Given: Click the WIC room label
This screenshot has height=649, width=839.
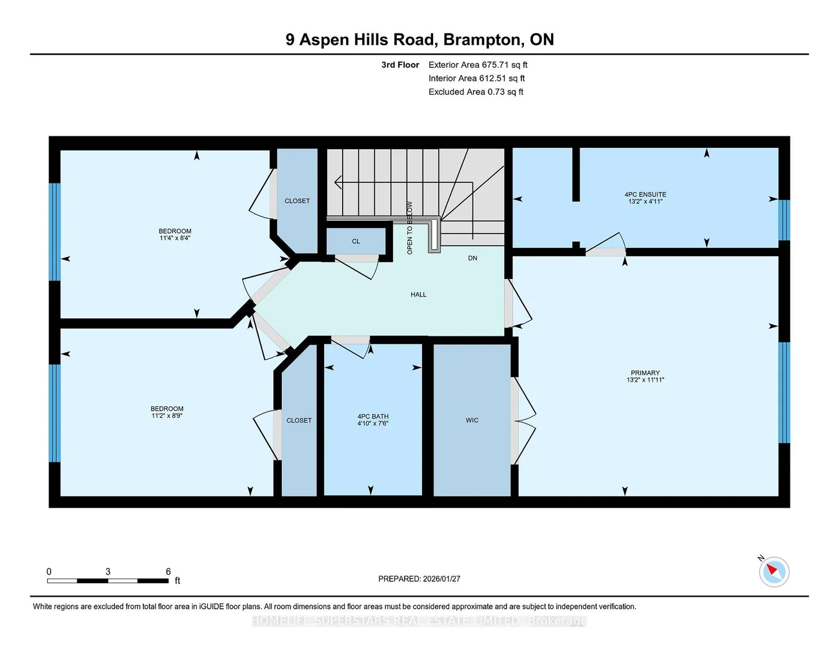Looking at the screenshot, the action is tap(472, 420).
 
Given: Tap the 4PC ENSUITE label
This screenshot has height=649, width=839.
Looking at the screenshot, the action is tap(645, 195).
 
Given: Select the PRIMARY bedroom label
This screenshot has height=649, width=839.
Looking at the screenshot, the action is tap(645, 373).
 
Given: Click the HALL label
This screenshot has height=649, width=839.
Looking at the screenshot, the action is tap(419, 294).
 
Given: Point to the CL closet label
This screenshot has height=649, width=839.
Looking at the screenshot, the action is tap(356, 242).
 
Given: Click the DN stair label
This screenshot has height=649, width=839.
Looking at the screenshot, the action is tap(472, 258).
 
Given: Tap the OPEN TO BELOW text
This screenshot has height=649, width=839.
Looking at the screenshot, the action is tap(410, 228).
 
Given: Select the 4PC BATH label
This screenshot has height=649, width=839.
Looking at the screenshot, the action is tap(373, 417).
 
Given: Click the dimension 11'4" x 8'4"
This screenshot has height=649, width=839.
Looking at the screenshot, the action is tap(175, 238).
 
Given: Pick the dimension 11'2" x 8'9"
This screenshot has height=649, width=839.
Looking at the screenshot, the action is tap(167, 416).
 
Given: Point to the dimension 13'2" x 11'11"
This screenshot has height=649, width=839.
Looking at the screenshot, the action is tap(645, 380).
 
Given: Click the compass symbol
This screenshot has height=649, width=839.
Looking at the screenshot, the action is tap(774, 572).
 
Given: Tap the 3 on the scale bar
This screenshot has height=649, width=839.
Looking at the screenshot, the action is tap(108, 572).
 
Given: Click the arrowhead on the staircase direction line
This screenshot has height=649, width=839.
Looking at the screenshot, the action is tap(338, 182).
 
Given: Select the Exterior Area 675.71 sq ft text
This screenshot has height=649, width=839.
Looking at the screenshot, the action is tap(478, 65).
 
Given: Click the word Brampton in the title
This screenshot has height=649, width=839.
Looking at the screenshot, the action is tap(483, 40).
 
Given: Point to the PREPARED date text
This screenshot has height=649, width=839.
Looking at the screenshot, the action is tap(419, 579).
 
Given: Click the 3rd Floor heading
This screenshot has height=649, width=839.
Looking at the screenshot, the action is tap(400, 65).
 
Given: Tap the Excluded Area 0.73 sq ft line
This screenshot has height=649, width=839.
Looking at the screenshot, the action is tap(476, 92).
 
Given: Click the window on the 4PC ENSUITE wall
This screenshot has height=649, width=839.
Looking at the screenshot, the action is tap(784, 220).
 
